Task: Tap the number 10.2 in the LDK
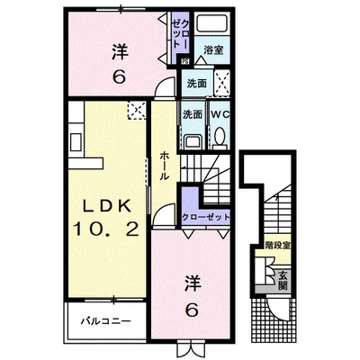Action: click(x=105, y=230)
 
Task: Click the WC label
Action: click(x=220, y=115)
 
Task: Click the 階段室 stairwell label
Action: click(x=275, y=244)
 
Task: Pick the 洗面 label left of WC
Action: click(x=192, y=115)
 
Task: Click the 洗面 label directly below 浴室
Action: click(x=197, y=83)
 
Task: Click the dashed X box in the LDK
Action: click(x=136, y=112)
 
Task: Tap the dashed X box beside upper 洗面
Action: click(x=222, y=79)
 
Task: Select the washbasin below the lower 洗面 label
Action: click(x=191, y=139)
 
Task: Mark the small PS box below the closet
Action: click(x=184, y=61)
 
